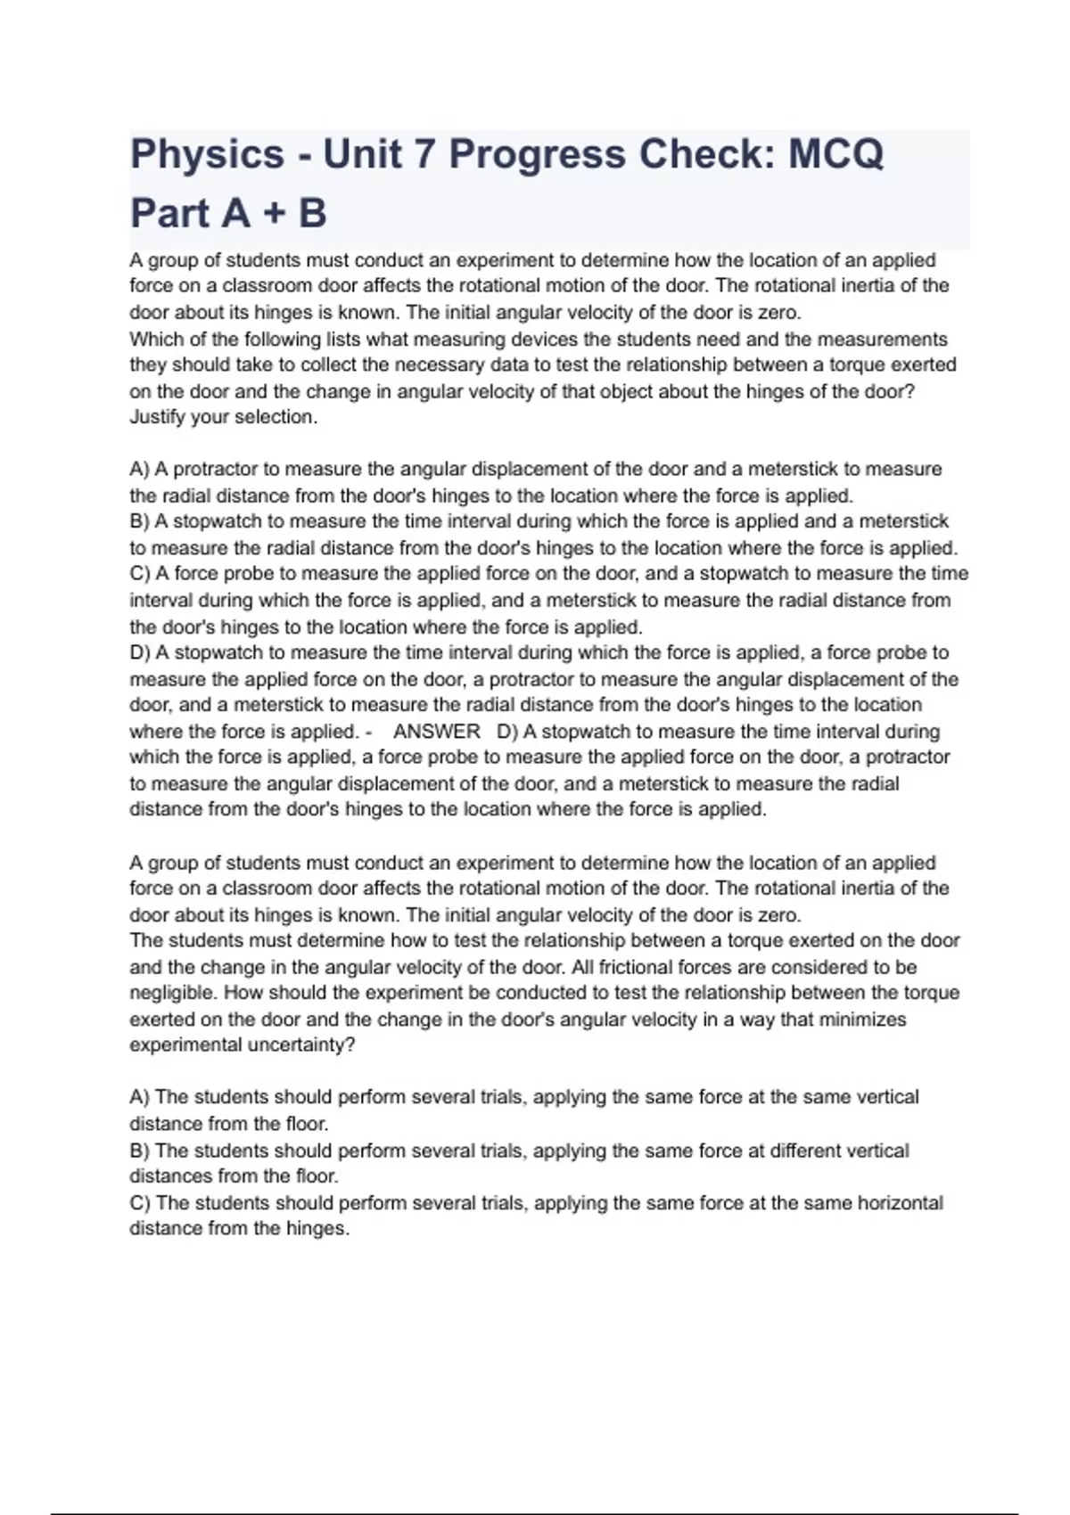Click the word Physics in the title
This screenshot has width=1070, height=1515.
coord(207,155)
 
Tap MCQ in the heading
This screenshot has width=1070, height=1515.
coord(835,155)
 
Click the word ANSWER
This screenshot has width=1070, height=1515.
coord(437,732)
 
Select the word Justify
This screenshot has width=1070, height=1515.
coord(159,417)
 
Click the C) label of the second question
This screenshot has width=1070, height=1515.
coord(140,1203)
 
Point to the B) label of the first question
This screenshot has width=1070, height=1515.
coord(140,521)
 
